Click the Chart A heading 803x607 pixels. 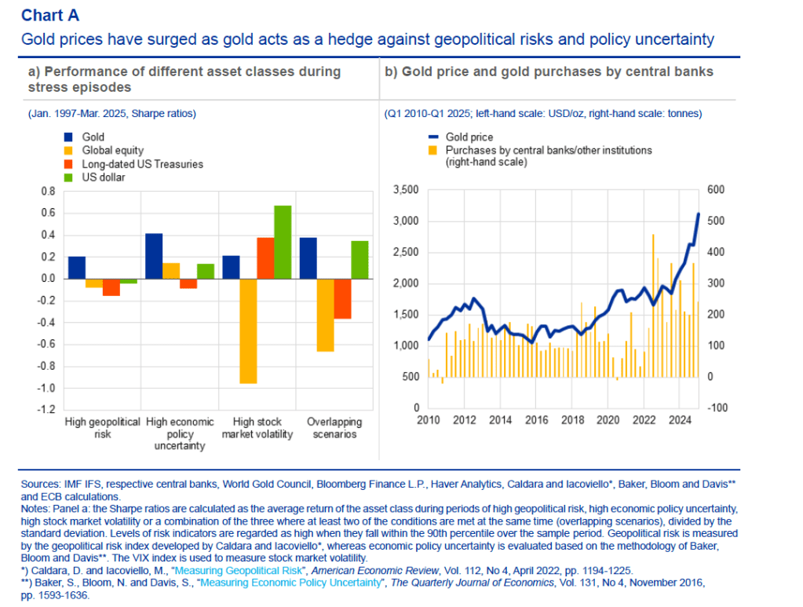point(50,15)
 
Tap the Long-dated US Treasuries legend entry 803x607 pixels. point(142,164)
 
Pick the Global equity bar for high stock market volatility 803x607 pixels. point(248,331)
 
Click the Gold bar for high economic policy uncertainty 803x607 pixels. point(154,256)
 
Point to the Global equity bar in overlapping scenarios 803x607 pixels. point(325,315)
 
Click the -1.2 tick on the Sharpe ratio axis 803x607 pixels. point(48,410)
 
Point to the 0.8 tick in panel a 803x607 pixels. point(48,191)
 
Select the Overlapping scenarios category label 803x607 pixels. point(331,428)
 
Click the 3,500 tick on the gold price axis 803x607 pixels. point(406,190)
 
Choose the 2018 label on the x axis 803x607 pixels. point(573,420)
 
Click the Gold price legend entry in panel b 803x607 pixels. point(469,137)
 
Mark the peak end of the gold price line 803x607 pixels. point(699,214)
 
